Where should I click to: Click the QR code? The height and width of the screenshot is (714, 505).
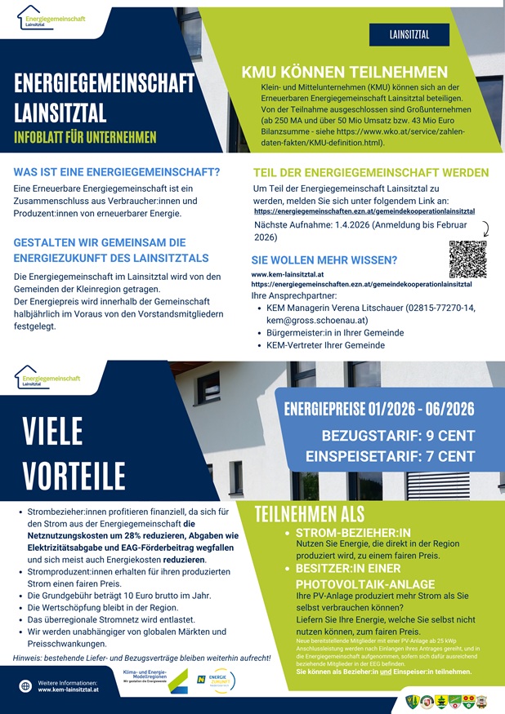tap(467, 259)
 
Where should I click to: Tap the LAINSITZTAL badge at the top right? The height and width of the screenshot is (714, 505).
tap(409, 35)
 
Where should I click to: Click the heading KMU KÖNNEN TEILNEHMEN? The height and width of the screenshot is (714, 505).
tap(344, 73)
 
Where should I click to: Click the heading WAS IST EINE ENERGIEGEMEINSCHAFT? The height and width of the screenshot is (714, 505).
tap(117, 172)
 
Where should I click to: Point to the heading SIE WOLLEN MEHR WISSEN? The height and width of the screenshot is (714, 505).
tap(324, 260)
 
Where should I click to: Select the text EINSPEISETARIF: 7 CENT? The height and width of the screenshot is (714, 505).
tap(390, 455)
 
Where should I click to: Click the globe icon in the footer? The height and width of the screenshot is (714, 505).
tap(25, 686)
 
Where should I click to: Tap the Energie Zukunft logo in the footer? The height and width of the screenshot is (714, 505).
tap(217, 681)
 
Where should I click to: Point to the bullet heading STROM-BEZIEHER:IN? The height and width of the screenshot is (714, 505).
tap(352, 533)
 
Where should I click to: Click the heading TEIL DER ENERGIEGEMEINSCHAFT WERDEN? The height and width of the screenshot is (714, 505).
tap(371, 173)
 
